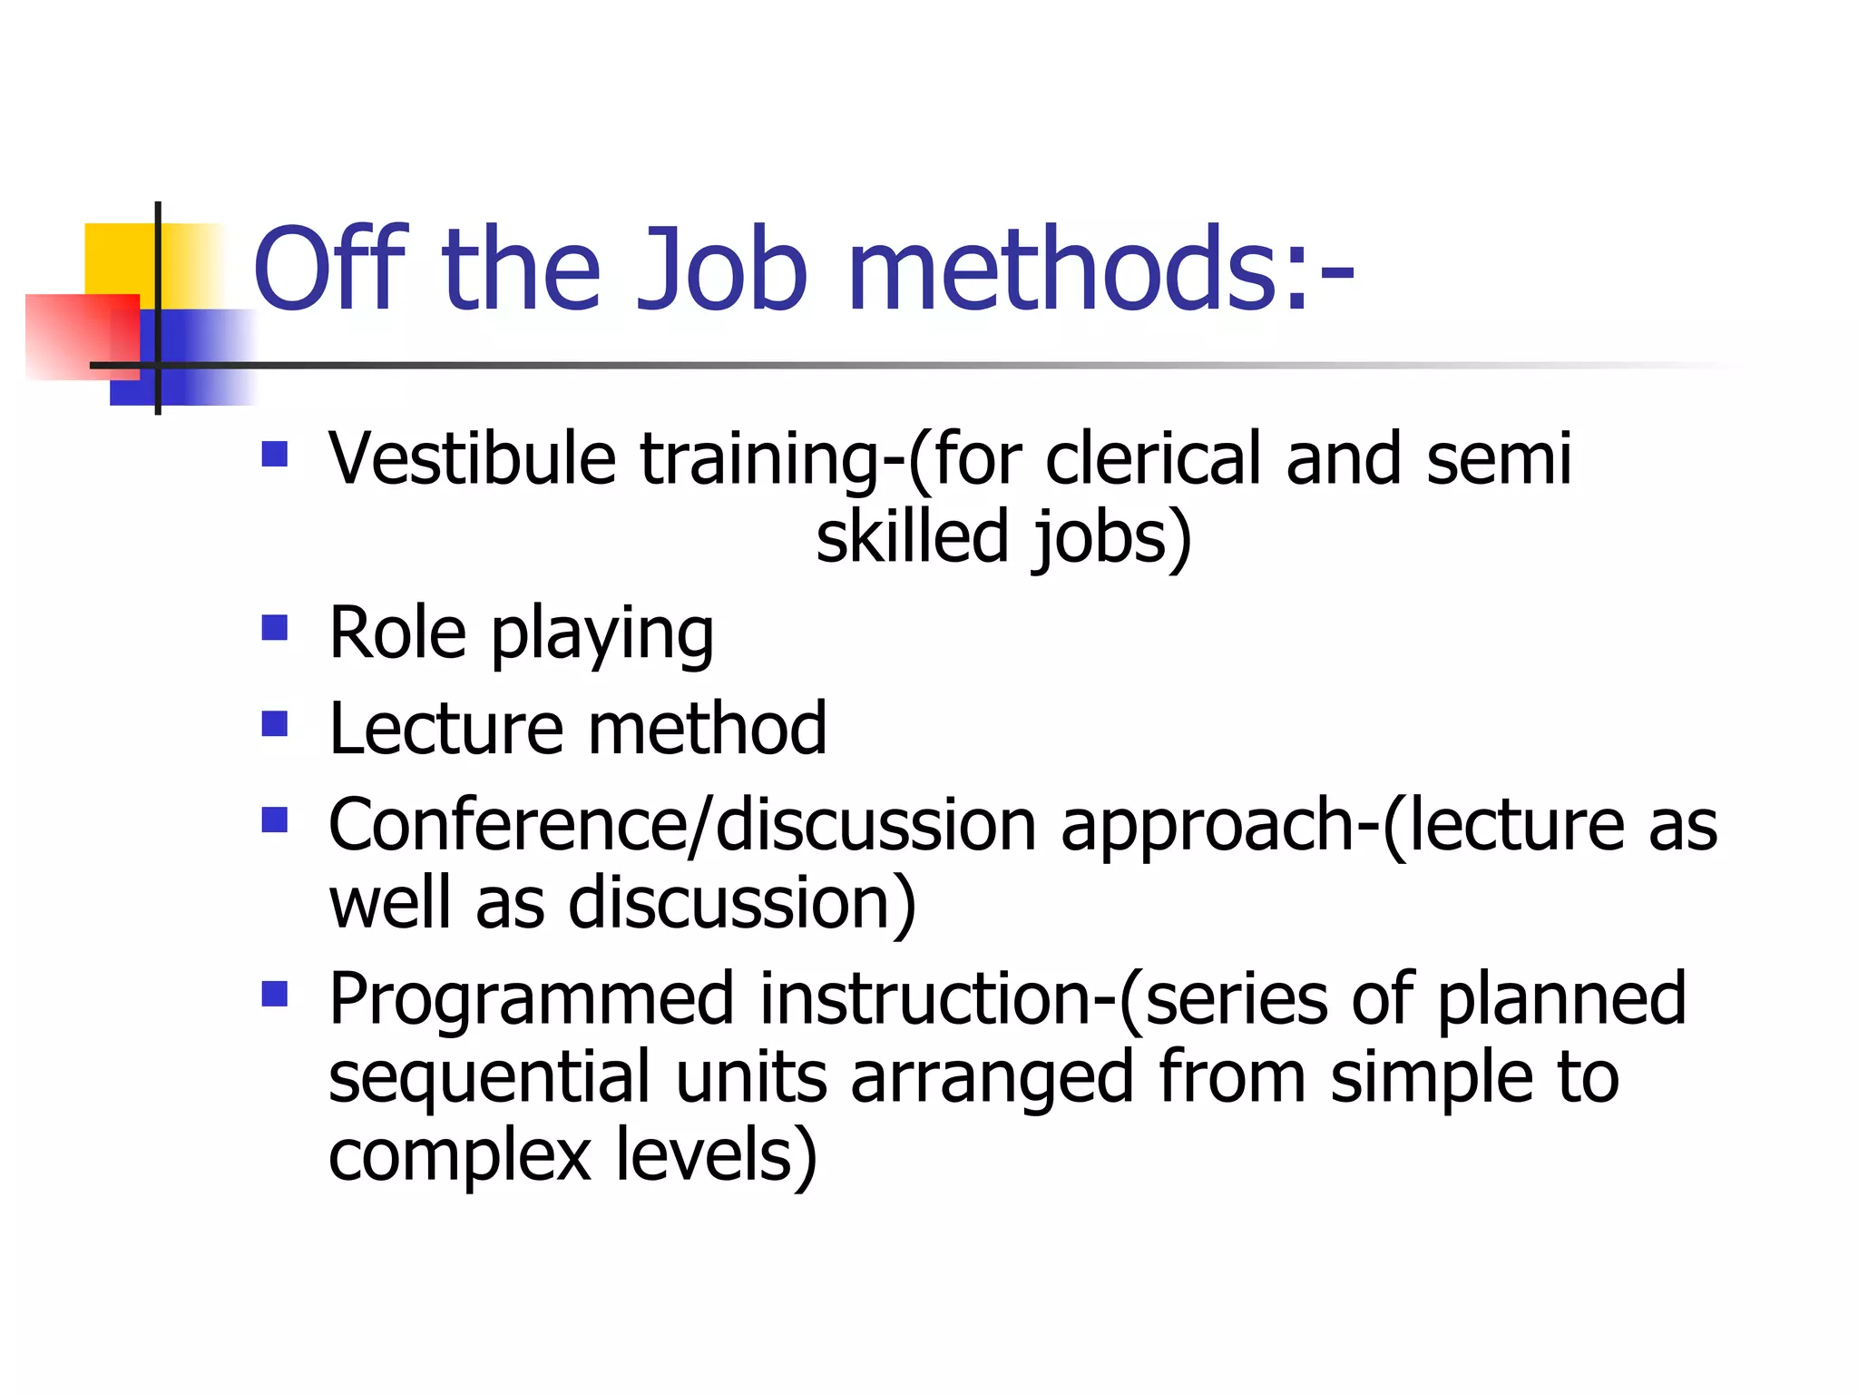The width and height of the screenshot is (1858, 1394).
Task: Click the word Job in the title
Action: pos(721,270)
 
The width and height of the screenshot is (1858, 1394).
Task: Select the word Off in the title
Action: pos(331,270)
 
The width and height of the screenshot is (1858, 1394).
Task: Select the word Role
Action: pos(397,633)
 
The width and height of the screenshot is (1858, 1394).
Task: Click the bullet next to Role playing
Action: pos(274,628)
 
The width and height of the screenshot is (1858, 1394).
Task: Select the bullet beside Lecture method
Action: pos(274,724)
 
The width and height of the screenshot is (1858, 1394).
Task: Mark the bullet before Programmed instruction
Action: pos(274,995)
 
